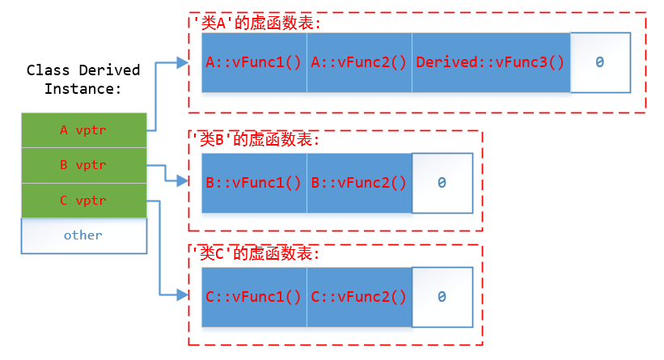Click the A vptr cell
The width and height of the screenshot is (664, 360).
point(83,129)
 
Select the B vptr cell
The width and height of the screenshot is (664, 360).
point(83,165)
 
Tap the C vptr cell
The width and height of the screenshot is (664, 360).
point(83,201)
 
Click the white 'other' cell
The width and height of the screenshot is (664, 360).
point(83,235)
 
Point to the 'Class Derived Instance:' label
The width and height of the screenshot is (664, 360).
point(83,79)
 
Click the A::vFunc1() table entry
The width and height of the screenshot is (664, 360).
point(254,62)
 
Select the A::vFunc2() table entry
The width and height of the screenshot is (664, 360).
point(359,62)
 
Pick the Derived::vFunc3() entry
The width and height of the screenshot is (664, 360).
point(490,62)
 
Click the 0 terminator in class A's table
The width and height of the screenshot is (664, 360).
point(599,62)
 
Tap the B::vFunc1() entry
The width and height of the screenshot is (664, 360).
point(254,183)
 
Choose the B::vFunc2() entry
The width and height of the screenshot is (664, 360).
point(359,183)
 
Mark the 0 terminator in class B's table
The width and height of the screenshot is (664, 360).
point(442,183)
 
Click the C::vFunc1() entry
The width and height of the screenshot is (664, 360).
point(254,297)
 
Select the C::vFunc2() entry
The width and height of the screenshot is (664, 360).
point(359,297)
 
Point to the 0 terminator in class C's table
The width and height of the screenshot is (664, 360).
point(442,297)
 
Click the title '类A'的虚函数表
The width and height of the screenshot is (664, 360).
point(256,23)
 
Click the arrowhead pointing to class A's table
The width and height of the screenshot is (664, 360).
point(182,61)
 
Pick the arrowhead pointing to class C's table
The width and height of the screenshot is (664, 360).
point(182,296)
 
